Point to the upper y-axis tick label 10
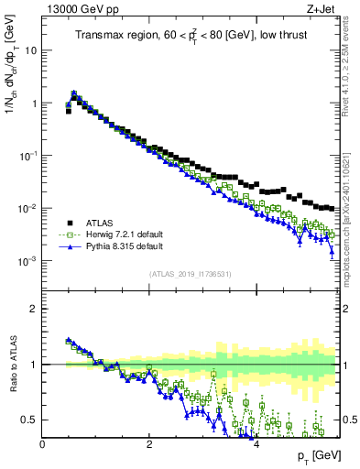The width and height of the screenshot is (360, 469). pos(31,51)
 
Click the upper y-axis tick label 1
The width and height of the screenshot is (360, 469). pos(34,104)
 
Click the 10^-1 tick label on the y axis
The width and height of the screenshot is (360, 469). pos(28,156)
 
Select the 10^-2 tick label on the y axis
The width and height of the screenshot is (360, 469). pos(28,209)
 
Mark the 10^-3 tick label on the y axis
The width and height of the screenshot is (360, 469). pos(28,261)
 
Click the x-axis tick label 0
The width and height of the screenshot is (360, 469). pos(42,445)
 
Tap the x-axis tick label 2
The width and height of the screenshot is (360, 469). pos(148,445)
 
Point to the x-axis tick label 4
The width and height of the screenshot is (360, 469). pos(256,445)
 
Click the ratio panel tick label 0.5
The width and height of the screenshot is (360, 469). pos(29,420)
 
